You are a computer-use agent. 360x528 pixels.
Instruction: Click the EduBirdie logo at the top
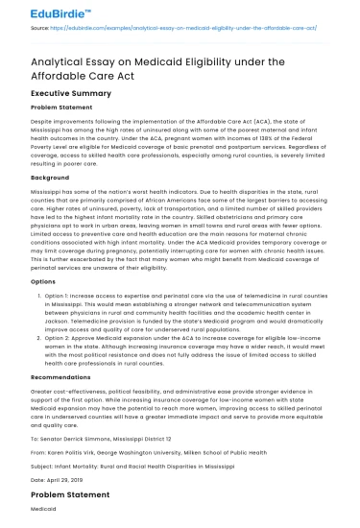point(41,12)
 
